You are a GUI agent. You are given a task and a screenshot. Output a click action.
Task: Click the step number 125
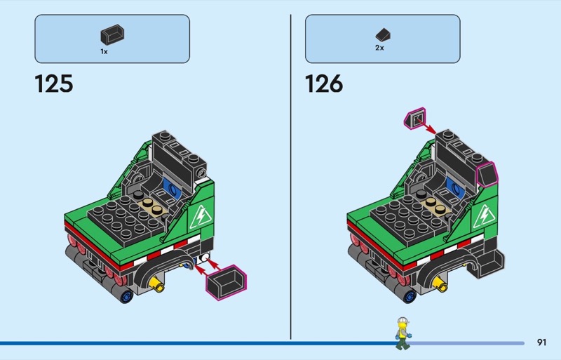point(54,84)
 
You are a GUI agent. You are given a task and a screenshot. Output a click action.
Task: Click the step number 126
point(324,84)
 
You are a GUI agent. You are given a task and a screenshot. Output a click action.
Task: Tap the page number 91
point(541,342)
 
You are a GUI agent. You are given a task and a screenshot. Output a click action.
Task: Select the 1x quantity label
point(104,52)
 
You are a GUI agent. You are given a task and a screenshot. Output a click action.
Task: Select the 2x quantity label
point(379,48)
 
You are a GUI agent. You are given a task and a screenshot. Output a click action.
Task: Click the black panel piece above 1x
point(112,35)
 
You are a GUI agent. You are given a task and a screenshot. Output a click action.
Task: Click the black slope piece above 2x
point(383,35)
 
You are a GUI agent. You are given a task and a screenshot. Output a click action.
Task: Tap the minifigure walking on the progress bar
point(403,333)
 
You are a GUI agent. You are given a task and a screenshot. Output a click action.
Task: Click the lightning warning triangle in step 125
point(201,216)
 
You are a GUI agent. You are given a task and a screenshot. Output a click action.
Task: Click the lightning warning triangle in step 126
point(483,216)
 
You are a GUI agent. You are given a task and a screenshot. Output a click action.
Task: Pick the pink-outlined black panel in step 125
point(226,282)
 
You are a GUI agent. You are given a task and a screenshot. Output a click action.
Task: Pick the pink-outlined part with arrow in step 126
point(415,118)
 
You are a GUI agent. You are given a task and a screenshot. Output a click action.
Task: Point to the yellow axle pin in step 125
point(157,284)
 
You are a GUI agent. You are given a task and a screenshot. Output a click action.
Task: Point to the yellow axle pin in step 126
point(440,284)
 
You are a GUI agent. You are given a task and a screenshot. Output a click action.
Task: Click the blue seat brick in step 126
point(455,187)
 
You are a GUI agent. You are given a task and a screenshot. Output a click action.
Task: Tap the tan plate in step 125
point(152,206)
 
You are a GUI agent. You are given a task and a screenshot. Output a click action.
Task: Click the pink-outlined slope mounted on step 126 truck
point(487,174)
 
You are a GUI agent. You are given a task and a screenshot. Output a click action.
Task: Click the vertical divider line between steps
point(290,177)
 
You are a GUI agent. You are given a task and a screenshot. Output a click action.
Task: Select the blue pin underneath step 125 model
point(126,296)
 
